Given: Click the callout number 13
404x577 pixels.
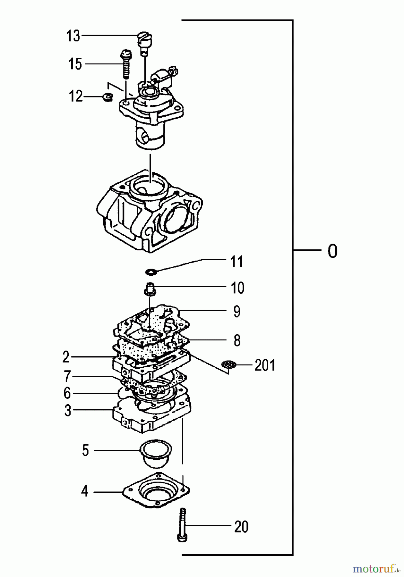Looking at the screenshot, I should pos(73,36).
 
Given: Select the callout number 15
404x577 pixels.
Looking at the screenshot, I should pos(75,64).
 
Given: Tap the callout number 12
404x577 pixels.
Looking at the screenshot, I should pos(76,96).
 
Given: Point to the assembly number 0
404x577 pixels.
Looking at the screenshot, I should pos(332,251).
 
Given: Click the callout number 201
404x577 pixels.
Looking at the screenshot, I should pos(265,365).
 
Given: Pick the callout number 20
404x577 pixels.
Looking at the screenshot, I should pos(241,527).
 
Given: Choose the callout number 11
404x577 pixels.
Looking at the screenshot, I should pos(237,262).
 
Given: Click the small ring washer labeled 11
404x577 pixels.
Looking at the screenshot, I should pos(151,272).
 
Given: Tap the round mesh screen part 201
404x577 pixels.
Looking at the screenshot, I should pos(229,364).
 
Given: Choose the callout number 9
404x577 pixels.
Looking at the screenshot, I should pos(237,312).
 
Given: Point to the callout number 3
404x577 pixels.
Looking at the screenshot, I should pos(67,410).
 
